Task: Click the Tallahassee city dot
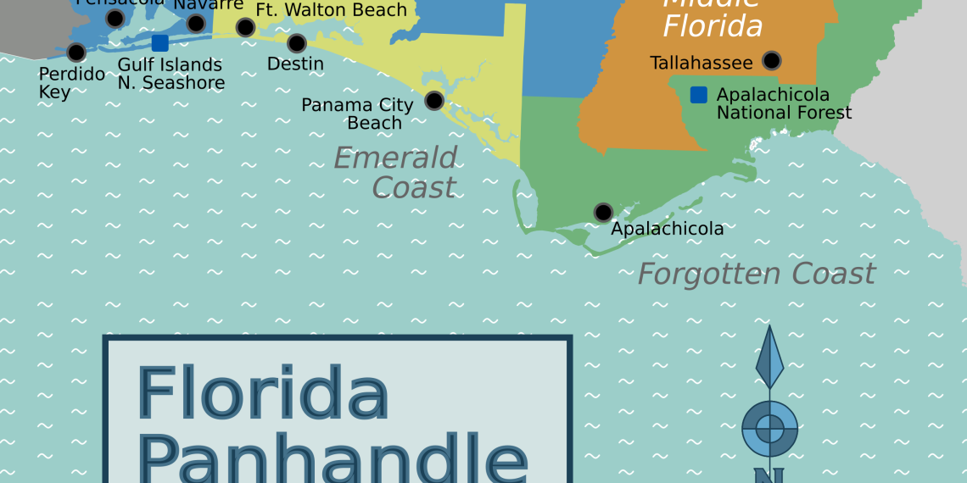pos(771,60)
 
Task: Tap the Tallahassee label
pos(701,63)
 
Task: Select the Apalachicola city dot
pos(603,212)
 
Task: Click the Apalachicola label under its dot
pos(667,229)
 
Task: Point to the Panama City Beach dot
pos(434,100)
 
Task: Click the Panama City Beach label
pos(358,114)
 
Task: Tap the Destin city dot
pos(297,42)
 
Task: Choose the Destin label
pos(295,64)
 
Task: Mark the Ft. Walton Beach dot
pos(245,27)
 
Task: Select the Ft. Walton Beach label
pos(332,10)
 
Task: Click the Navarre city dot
pos(196,24)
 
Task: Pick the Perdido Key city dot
pos(76,52)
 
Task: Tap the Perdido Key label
pos(71,83)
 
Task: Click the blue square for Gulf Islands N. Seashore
pos(159,43)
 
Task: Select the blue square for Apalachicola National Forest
pos(698,95)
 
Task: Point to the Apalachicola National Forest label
pos(784,103)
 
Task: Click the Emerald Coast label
pos(396,172)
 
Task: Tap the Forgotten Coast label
pos(756,274)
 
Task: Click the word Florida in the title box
pos(263,394)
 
